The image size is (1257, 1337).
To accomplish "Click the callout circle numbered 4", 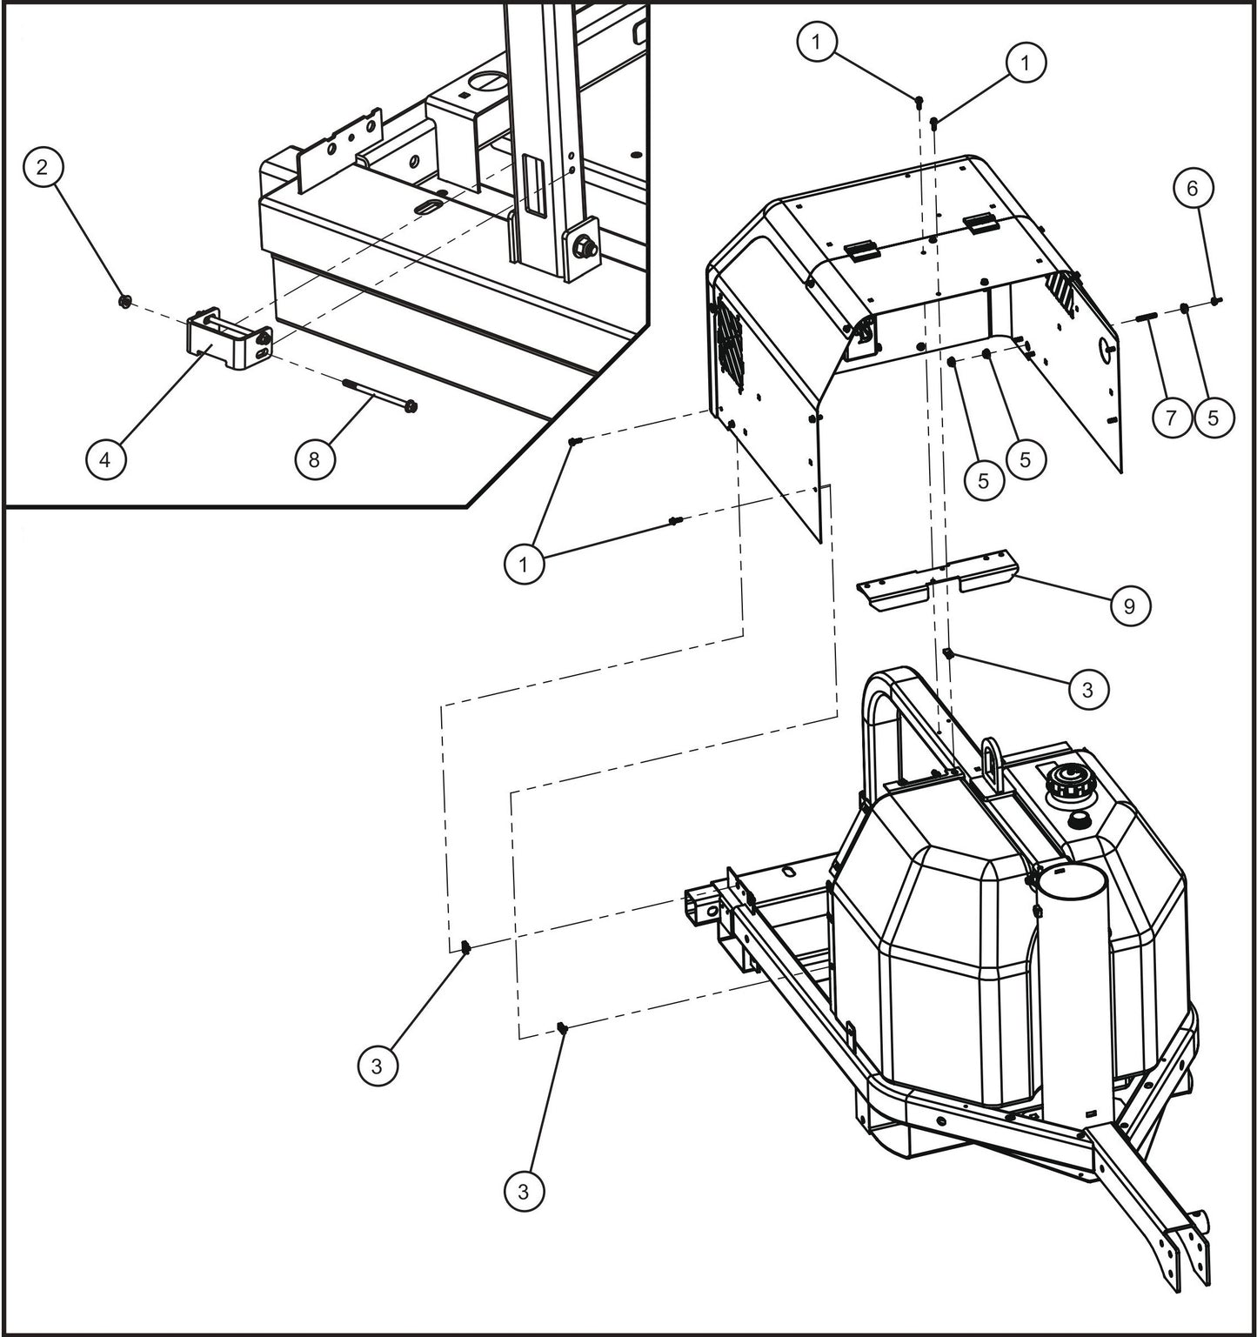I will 105,458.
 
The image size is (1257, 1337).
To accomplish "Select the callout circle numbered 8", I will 314,458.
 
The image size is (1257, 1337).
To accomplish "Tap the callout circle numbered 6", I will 1192,187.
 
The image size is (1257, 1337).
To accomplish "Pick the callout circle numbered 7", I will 1171,418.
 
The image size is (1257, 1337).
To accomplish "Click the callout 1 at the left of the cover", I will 523,564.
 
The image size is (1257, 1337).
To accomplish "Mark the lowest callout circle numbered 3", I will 523,1190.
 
